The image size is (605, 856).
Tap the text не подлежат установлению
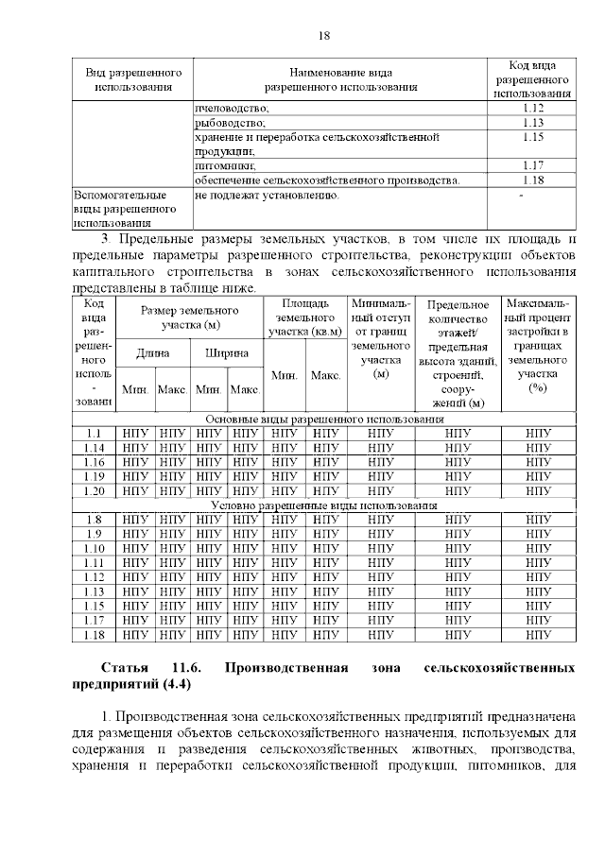[x=266, y=195]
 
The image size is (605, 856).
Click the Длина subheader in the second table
[x=153, y=352]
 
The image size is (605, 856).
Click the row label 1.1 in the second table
[x=94, y=433]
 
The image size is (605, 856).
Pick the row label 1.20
[x=94, y=490]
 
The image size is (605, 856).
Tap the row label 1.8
[x=94, y=520]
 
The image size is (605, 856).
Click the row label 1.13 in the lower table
[x=94, y=591]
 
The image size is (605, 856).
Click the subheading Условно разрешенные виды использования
[x=324, y=505]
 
